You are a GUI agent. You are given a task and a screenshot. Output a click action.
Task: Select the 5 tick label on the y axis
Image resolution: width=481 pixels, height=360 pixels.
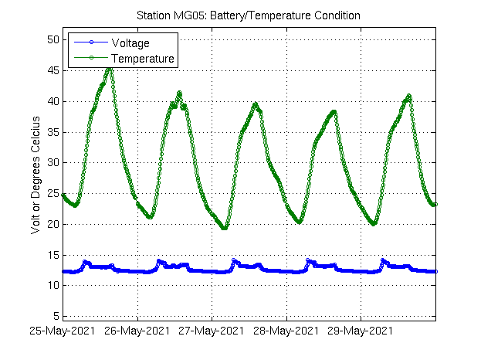55,317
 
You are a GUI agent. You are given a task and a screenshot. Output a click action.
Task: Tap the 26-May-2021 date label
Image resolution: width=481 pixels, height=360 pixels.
137,331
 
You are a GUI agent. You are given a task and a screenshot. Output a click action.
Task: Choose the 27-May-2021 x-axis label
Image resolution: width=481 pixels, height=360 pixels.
211,331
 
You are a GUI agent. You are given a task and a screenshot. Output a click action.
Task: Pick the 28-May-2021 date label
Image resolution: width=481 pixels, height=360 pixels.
286,331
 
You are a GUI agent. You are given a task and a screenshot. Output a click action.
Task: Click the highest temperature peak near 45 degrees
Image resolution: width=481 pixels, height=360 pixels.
109,69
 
